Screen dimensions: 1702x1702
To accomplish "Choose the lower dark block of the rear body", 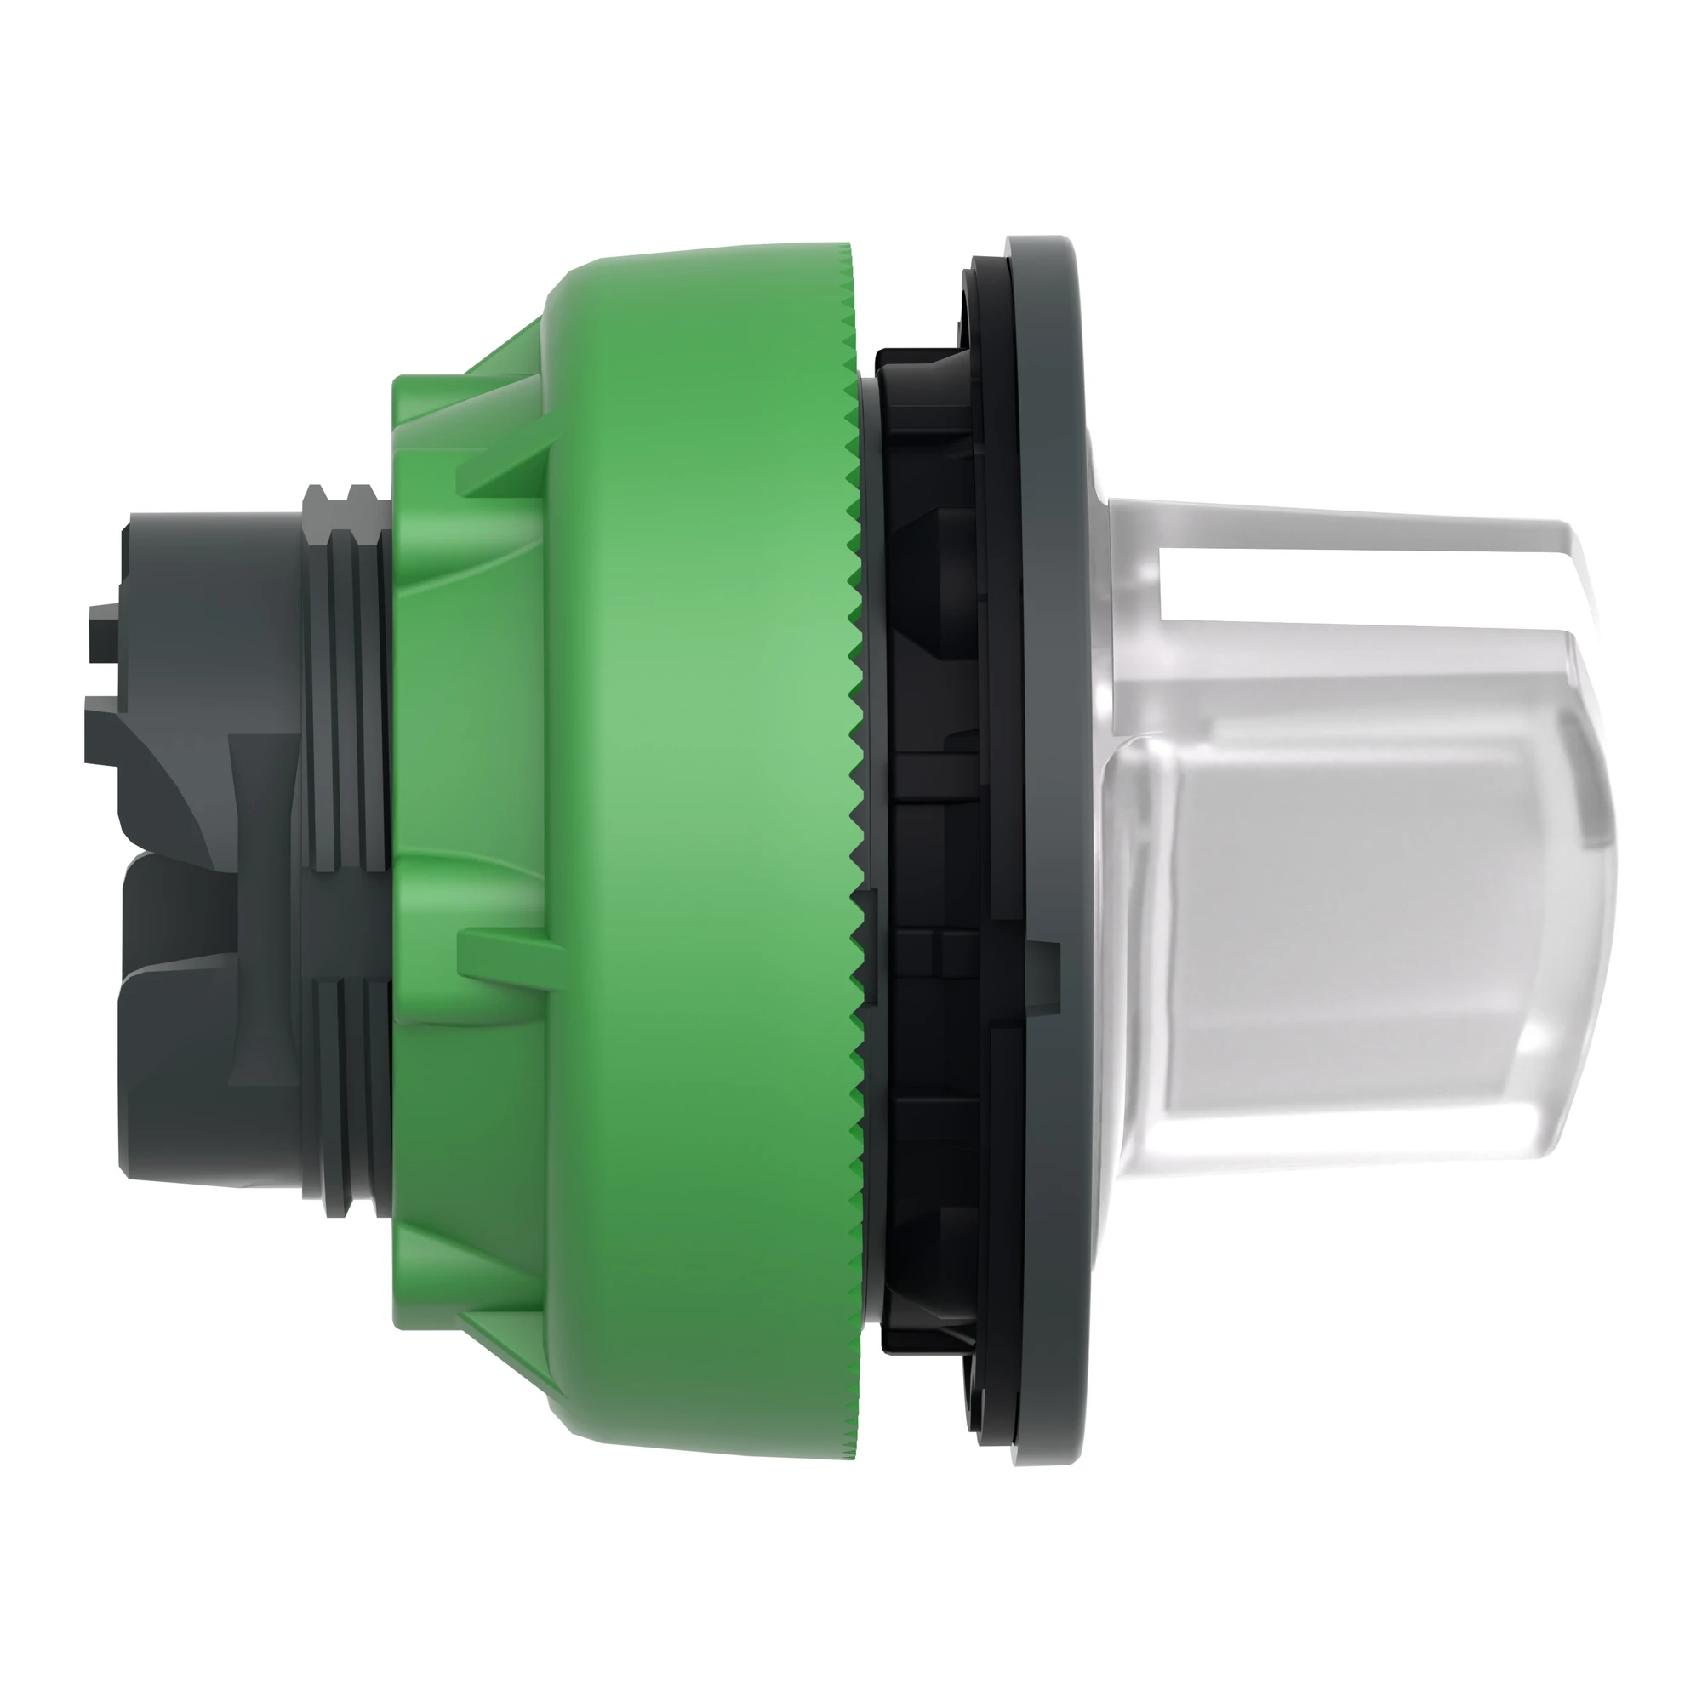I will pos(176,1057).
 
